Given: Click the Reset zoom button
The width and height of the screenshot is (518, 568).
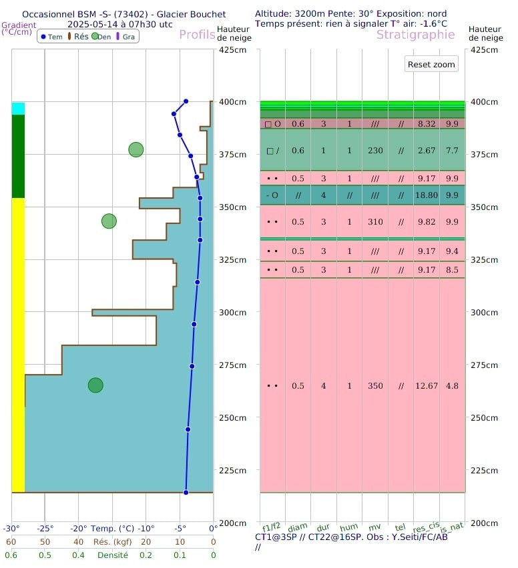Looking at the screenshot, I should (x=432, y=64).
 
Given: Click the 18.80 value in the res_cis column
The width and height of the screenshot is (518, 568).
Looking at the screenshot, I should (x=427, y=195).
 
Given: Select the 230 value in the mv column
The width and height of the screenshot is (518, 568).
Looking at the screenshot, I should (x=375, y=151).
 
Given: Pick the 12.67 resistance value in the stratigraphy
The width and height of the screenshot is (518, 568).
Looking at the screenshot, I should (x=427, y=385).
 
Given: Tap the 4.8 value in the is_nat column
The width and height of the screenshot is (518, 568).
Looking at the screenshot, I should (x=452, y=385).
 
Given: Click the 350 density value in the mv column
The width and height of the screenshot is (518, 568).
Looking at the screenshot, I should (x=375, y=385).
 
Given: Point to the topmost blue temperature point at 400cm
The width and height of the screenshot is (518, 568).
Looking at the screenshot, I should (x=186, y=101).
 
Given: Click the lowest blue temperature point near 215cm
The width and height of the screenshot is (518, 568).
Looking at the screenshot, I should (x=186, y=492).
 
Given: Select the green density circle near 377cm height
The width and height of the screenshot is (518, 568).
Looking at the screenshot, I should (x=136, y=149).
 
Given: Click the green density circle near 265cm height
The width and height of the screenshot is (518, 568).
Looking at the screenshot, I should (x=95, y=385).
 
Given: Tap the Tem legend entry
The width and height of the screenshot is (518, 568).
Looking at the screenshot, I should (x=51, y=37).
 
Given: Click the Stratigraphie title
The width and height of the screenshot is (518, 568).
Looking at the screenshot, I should (x=415, y=35).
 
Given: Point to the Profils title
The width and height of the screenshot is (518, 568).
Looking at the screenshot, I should (x=197, y=35).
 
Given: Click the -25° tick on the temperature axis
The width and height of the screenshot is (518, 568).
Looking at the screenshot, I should (x=45, y=529).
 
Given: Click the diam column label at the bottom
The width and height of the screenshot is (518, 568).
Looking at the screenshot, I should (x=298, y=527).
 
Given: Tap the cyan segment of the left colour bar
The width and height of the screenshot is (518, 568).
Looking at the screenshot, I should (x=18, y=109).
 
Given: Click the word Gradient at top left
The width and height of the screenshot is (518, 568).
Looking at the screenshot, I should (x=18, y=24).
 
